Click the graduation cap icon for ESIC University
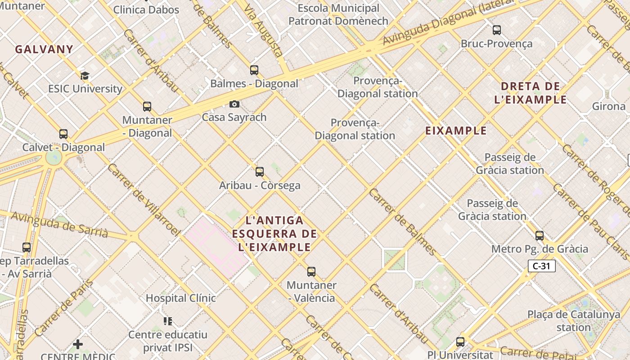click(x=85, y=76)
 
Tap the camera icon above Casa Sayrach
click(x=234, y=104)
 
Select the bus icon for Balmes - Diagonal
click(x=254, y=70)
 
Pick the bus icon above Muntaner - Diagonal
click(x=147, y=107)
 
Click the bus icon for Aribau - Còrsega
click(x=259, y=171)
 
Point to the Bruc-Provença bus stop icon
click(x=496, y=30)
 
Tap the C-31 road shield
click(x=541, y=266)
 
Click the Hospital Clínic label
click(x=180, y=298)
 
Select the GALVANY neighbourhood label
click(x=44, y=49)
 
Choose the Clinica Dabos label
click(x=146, y=10)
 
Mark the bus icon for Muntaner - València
click(x=311, y=271)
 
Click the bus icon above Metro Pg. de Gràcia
click(x=539, y=235)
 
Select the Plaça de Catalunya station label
click(x=573, y=321)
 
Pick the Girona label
click(x=608, y=106)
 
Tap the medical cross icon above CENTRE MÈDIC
click(x=78, y=344)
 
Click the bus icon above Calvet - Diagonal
click(x=63, y=134)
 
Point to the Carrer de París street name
click(x=63, y=308)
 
